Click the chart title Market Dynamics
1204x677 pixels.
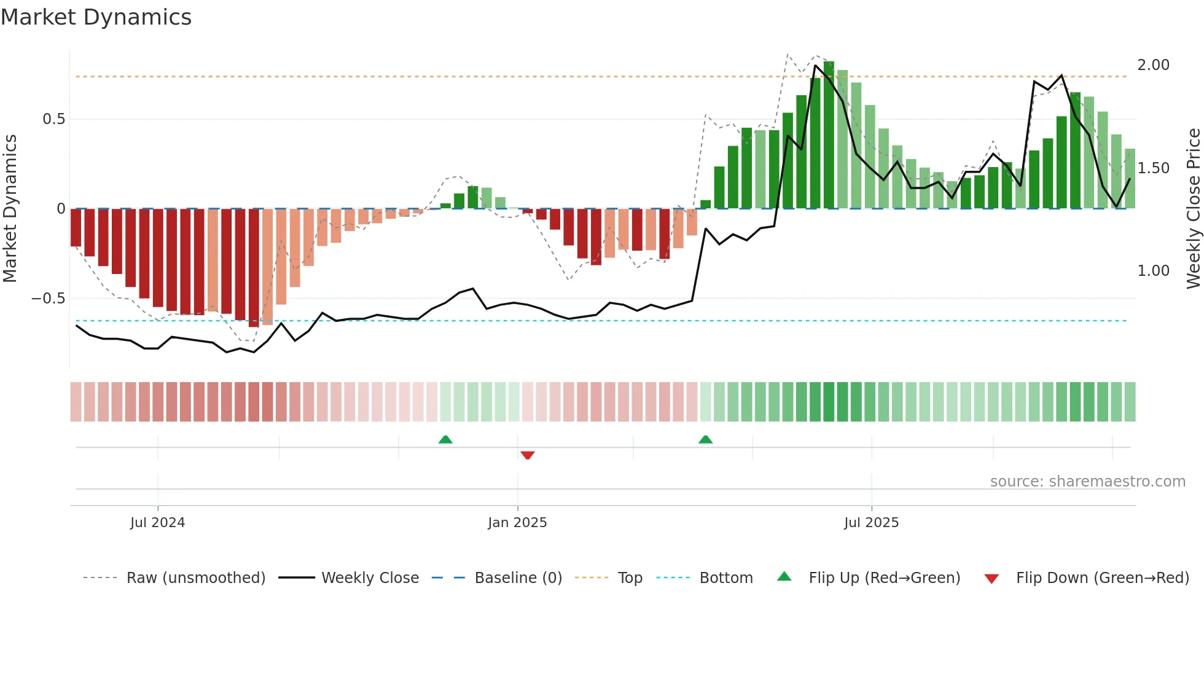pos(96,17)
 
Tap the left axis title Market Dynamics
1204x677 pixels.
pos(10,208)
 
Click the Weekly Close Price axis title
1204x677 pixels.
pos(1193,208)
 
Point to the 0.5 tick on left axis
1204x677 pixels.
pos(54,119)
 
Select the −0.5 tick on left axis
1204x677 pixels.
pos(49,299)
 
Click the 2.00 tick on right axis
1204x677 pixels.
pos(1153,65)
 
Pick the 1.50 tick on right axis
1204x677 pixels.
pos(1153,168)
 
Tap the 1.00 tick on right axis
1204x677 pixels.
pos(1153,271)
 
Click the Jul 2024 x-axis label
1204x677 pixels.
pos(157,523)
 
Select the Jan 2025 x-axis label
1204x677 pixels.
pos(517,523)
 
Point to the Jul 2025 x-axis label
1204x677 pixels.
pos(871,523)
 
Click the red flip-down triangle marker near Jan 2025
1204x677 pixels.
pos(528,455)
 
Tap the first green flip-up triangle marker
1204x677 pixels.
pos(445,439)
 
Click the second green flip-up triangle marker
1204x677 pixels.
pos(706,439)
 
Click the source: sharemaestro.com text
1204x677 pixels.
pos(1087,482)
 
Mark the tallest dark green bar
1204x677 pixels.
pos(829,135)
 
